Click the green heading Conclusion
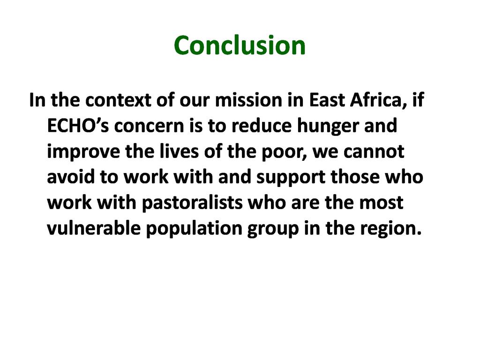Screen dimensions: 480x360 pyautogui.click(x=240, y=45)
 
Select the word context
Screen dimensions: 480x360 pyautogui.click(x=118, y=100)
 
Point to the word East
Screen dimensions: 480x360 pyautogui.click(x=327, y=100)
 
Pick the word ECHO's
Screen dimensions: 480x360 pyautogui.click(x=78, y=126)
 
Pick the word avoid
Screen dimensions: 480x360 pyautogui.click(x=71, y=177)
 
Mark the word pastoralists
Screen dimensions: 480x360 pyautogui.click(x=192, y=203)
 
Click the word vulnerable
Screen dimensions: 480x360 pyautogui.click(x=94, y=228)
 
